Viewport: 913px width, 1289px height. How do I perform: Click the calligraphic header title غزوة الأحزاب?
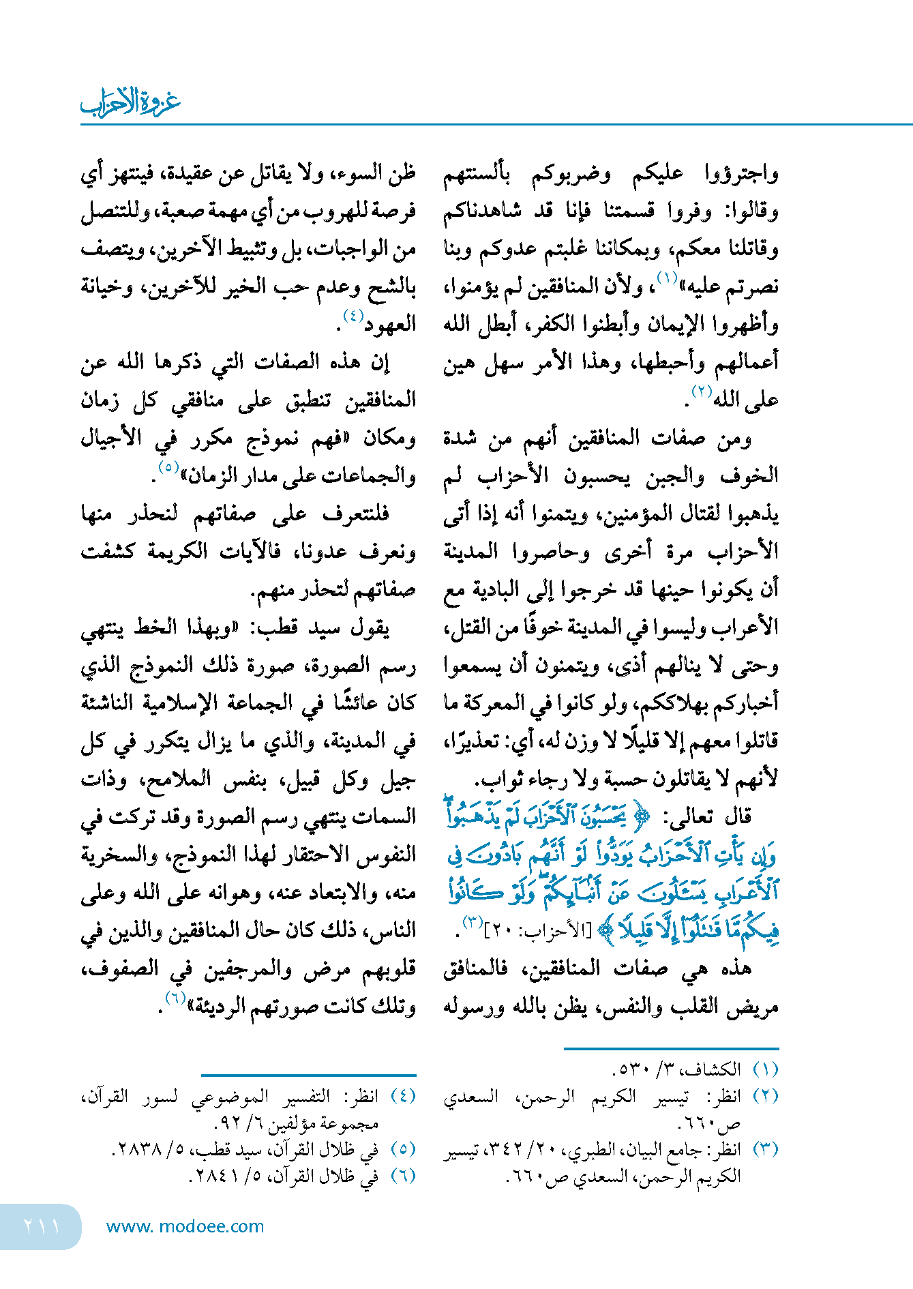pos(130,102)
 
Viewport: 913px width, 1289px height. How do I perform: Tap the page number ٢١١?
pos(42,1226)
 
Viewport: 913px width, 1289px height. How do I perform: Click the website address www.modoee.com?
pos(185,1226)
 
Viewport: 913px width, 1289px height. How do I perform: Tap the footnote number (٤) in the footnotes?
pos(403,1097)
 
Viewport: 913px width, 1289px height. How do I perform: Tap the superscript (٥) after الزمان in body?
pos(168,467)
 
